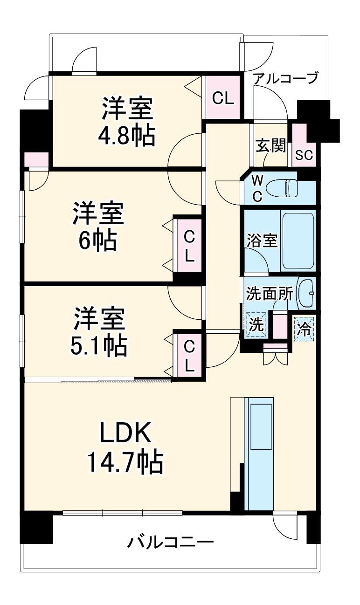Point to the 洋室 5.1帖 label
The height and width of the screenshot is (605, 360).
point(99,332)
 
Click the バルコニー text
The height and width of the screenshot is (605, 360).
point(171,543)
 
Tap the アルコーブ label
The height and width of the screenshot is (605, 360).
point(285,78)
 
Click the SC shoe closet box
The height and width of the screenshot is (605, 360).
point(304,155)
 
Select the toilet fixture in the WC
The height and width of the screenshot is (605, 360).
point(289,187)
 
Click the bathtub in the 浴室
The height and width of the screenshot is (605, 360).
point(298,240)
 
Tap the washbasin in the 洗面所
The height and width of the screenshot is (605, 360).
point(306,293)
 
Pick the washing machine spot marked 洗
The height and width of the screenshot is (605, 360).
point(255,323)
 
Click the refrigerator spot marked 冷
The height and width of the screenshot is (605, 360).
point(304,329)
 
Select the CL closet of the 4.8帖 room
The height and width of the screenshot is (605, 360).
point(222,98)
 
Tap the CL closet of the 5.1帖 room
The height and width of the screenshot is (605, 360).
point(188,356)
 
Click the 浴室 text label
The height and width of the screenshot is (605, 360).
point(262,241)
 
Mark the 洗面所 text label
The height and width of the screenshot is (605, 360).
point(270,294)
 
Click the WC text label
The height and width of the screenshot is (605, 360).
point(257,187)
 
